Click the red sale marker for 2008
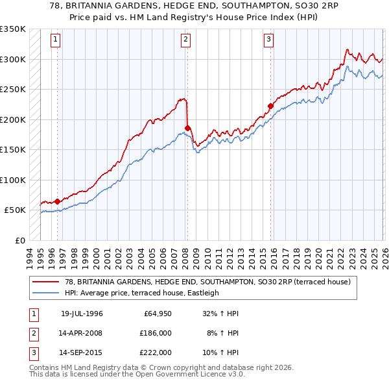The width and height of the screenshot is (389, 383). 187,128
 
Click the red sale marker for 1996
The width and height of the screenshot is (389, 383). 58,201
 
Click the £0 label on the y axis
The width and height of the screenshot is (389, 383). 19,240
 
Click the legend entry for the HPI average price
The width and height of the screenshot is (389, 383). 142,293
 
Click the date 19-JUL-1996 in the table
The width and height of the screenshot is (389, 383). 82,314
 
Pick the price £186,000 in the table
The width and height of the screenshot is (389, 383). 156,333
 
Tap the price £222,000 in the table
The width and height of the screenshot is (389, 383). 156,352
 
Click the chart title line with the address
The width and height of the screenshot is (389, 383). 194,6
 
